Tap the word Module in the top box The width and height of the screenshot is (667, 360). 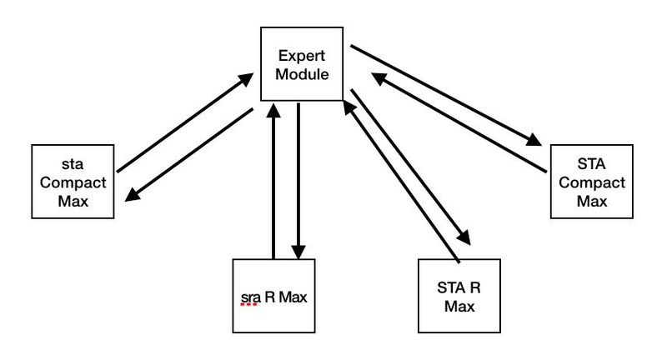[x=303, y=75]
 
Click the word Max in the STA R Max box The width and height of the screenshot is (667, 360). [x=458, y=307]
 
